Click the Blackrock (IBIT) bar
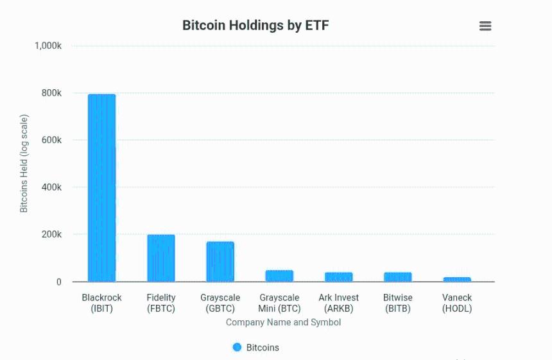tap(101, 187)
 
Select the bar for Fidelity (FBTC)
tap(160, 258)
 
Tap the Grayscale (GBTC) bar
tap(220, 261)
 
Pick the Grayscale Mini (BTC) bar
tap(279, 276)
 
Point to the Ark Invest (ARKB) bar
tap(338, 277)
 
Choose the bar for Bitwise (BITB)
tap(397, 277)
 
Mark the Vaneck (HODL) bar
tap(456, 279)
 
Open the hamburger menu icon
tap(485, 26)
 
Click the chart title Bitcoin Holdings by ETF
tap(255, 26)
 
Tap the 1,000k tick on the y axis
tap(48, 46)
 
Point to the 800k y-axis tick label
tap(51, 93)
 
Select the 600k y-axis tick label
tap(51, 140)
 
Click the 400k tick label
tap(51, 187)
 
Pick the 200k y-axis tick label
tap(51, 234)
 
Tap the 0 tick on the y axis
tap(58, 282)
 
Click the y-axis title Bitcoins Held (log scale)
tap(24, 164)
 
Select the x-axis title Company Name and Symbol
tap(283, 322)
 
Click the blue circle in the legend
tap(237, 347)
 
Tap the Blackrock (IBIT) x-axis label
tap(101, 303)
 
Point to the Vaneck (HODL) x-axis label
tap(456, 303)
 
